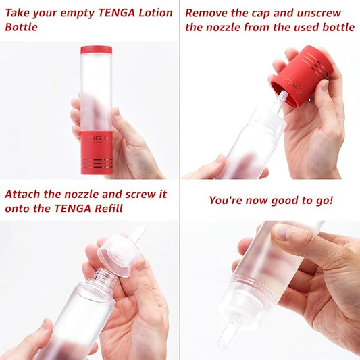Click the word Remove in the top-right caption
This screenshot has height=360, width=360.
[x=207, y=12]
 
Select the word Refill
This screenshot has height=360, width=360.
[x=106, y=208]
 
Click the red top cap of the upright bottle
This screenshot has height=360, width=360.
[x=96, y=49]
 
